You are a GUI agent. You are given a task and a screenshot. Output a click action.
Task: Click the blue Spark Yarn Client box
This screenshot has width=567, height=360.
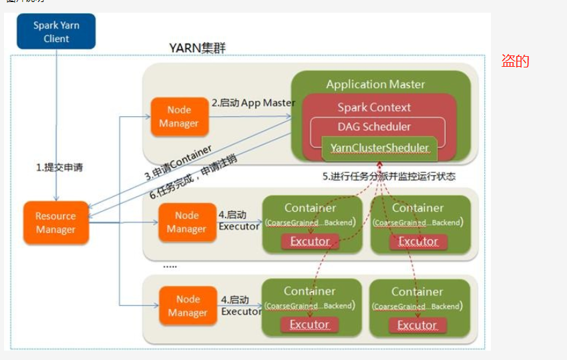(x=56, y=32)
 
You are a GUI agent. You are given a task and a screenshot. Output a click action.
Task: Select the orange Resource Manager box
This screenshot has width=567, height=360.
(x=55, y=223)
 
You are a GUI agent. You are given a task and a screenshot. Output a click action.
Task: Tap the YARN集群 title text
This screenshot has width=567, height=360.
(x=198, y=48)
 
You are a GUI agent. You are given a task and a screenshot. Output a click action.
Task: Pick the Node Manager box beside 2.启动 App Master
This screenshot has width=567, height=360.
(x=179, y=117)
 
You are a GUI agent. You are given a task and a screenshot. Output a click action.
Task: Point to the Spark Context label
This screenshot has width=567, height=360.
(x=374, y=108)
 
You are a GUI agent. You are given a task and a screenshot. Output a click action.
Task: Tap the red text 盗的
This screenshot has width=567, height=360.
(x=515, y=61)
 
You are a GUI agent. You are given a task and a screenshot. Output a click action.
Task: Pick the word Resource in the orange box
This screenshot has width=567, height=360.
(x=55, y=216)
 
